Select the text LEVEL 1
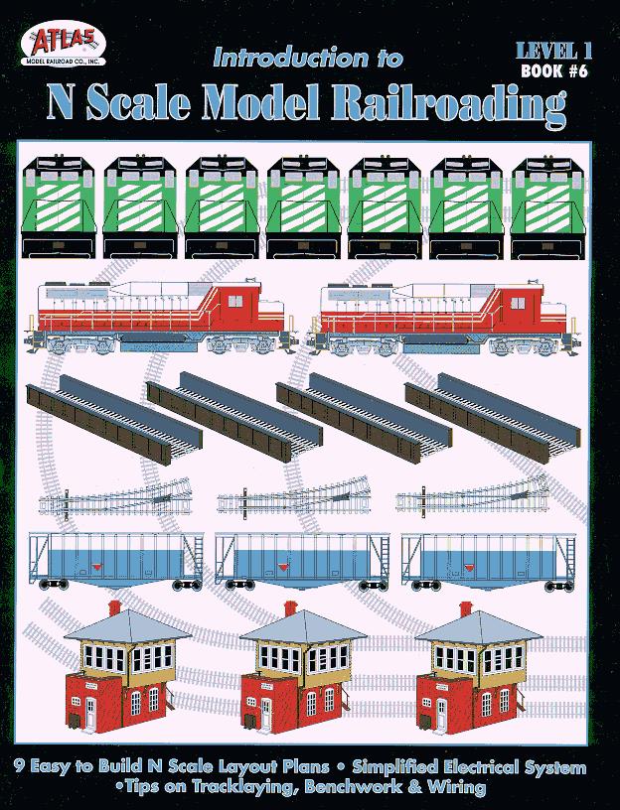553,51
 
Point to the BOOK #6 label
554,70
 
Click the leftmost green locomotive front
58,206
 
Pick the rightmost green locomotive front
549,207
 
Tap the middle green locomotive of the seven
303,207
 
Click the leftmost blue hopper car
116,562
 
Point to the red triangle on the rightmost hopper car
470,568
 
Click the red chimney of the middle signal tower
290,608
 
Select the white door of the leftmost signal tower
91,712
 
